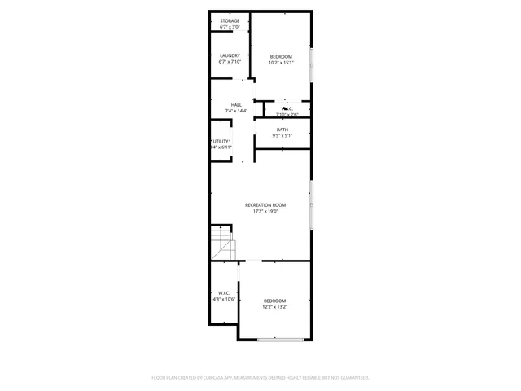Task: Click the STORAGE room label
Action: [229, 20]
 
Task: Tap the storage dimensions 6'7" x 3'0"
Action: [229, 27]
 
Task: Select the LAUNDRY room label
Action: [229, 55]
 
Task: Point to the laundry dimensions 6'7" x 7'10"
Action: [229, 63]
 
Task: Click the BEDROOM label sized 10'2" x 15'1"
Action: [281, 55]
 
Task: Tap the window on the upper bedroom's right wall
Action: [311, 65]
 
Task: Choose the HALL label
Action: [236, 104]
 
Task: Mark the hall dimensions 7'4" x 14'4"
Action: [236, 112]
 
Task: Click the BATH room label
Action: [282, 130]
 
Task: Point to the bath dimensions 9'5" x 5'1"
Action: [282, 137]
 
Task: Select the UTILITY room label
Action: [221, 141]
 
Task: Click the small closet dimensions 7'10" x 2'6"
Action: [287, 115]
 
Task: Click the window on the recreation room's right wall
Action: [311, 205]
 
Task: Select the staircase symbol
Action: [222, 242]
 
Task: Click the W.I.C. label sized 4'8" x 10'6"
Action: [224, 292]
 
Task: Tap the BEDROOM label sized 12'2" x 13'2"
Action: [274, 301]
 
